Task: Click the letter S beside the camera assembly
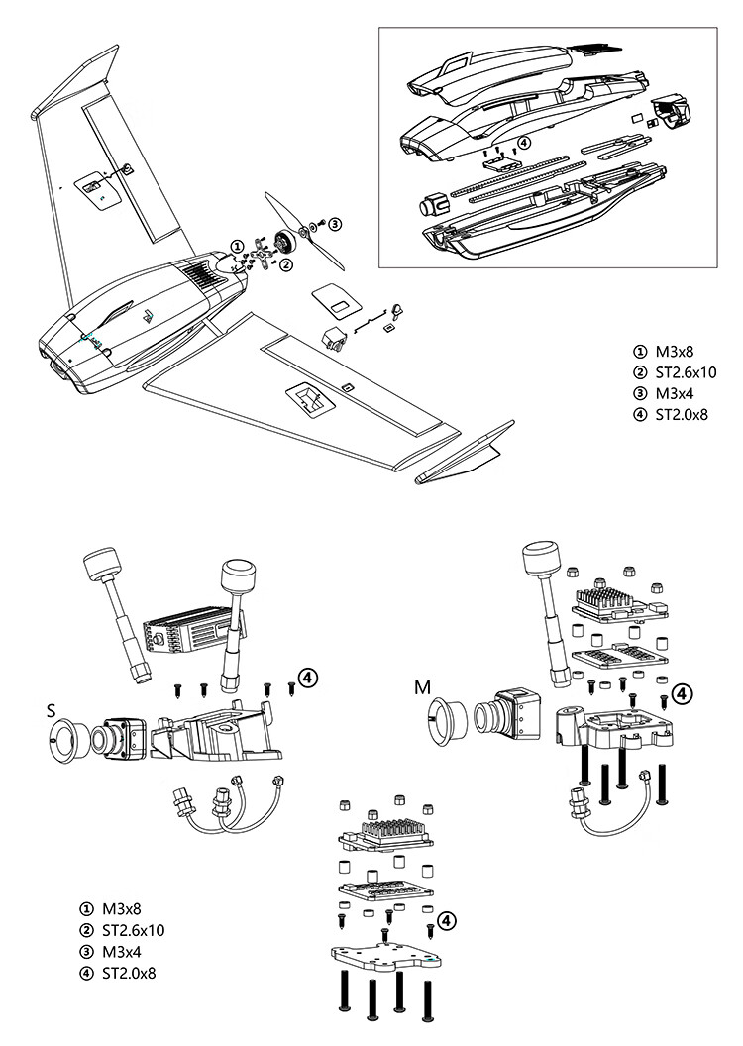pyautogui.click(x=52, y=710)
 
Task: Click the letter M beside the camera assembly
pyautogui.click(x=423, y=687)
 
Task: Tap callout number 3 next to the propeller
pyautogui.click(x=335, y=223)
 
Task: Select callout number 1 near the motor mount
pyautogui.click(x=238, y=246)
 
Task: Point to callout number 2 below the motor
pyautogui.click(x=285, y=264)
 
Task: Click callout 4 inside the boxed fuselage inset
pyautogui.click(x=524, y=142)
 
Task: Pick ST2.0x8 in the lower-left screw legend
pyautogui.click(x=129, y=973)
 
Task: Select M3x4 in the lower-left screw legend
pyautogui.click(x=122, y=951)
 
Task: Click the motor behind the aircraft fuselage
pyautogui.click(x=284, y=242)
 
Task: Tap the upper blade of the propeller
pyautogui.click(x=282, y=211)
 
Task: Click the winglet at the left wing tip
pyautogui.click(x=74, y=81)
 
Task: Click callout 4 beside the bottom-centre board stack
pyautogui.click(x=447, y=920)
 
